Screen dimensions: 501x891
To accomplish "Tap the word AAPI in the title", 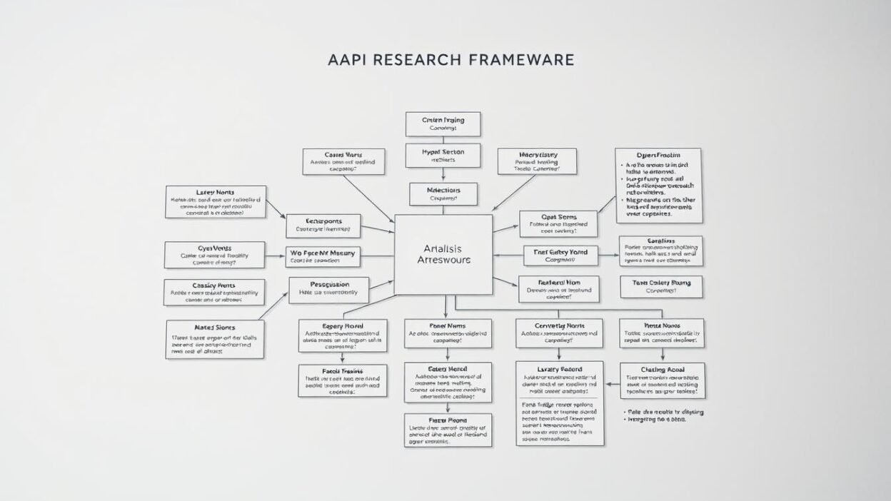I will [347, 59].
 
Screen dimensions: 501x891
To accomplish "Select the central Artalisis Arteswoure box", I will [443, 254].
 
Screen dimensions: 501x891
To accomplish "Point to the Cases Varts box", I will [343, 162].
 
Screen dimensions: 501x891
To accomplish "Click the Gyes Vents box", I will [214, 255].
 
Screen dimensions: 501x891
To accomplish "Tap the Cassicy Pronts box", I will [214, 292].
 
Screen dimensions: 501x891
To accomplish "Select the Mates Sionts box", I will [215, 338].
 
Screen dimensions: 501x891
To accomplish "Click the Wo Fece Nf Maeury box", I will [323, 255].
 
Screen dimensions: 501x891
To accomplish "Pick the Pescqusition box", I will [328, 290].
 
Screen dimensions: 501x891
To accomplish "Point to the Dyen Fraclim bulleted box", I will [658, 186].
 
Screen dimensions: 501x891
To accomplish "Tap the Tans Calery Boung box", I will [660, 287].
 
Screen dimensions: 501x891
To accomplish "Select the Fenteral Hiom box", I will [558, 289].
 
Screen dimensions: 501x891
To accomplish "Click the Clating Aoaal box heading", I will [662, 369].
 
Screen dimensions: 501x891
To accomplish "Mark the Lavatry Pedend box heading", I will [559, 368].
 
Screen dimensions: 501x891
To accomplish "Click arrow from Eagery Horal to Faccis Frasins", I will [343, 358].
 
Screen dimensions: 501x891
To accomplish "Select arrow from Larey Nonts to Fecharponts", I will [276, 209].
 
